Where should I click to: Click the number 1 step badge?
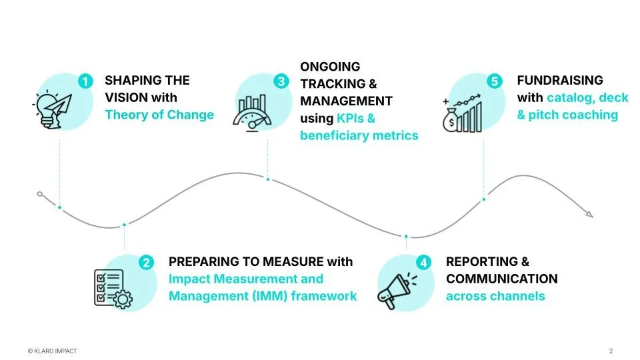[85, 82]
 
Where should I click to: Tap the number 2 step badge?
[147, 263]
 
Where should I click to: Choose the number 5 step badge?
[494, 82]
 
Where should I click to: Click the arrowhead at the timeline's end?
[588, 214]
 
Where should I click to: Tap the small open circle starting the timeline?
[40, 194]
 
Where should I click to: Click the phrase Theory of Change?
[159, 115]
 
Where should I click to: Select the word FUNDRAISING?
[560, 81]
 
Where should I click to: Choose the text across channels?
[495, 296]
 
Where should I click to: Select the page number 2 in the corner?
[611, 351]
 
